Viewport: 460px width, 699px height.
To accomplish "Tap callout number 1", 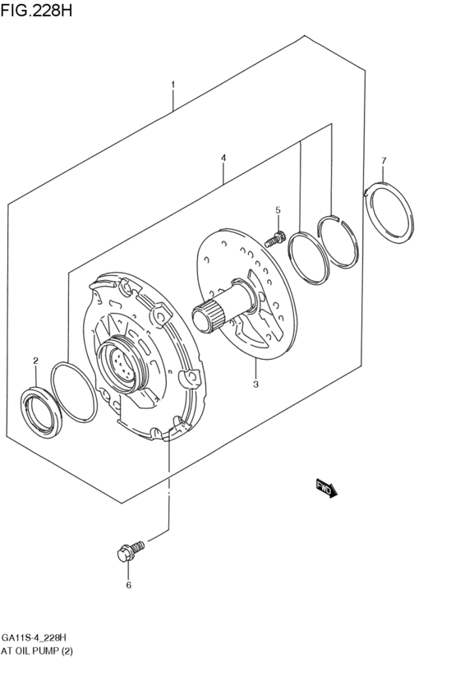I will click(x=172, y=85).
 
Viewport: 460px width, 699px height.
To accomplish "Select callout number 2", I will click(x=35, y=361).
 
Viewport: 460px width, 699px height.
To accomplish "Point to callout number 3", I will click(x=255, y=383).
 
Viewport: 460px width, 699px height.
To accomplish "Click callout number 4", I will click(x=223, y=157).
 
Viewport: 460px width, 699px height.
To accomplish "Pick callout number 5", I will click(x=278, y=210).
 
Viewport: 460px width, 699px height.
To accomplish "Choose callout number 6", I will click(x=128, y=585).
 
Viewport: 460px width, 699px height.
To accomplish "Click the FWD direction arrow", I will click(x=326, y=489).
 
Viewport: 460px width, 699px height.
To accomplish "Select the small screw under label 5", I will click(x=276, y=239).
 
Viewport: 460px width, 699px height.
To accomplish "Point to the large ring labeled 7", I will click(x=391, y=214).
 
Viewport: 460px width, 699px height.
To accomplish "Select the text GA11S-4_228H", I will click(x=34, y=637).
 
